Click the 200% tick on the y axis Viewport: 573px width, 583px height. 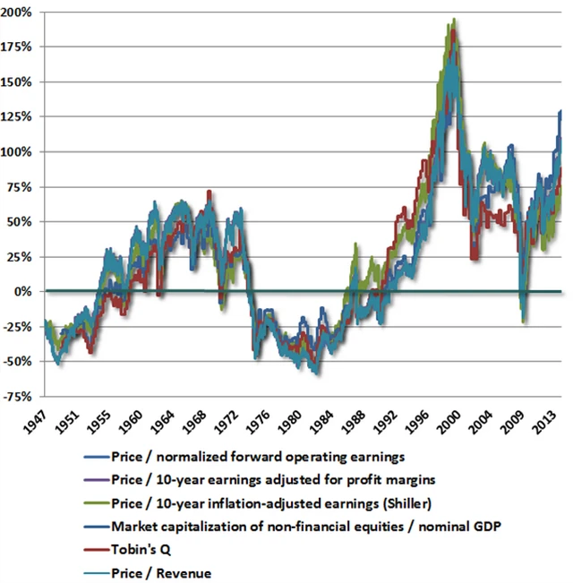(x=21, y=13)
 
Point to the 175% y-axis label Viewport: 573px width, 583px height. (x=21, y=47)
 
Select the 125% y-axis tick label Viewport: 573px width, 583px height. (x=21, y=117)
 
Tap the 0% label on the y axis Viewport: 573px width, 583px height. (x=27, y=292)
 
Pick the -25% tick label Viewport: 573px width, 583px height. (x=21, y=327)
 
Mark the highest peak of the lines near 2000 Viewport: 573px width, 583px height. (x=455, y=19)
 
